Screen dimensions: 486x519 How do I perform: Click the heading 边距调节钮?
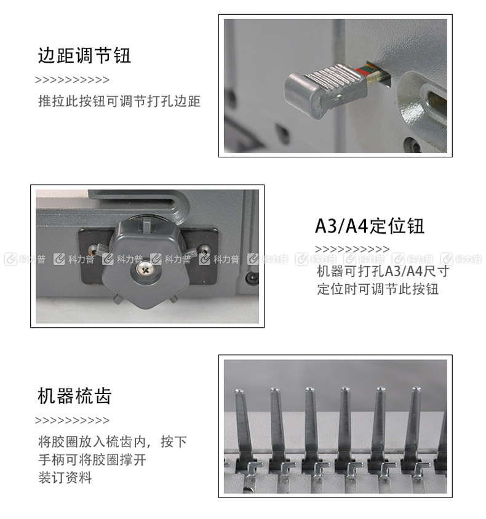(84, 55)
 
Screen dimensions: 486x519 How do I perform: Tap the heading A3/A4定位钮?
(370, 226)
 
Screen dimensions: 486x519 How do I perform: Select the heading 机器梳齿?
(74, 396)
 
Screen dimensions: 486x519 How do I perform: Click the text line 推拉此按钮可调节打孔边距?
(119, 101)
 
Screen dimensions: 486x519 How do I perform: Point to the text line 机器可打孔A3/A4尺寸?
(383, 271)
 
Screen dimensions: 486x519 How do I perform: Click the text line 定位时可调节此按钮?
(378, 289)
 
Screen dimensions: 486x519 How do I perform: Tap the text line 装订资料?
(65, 478)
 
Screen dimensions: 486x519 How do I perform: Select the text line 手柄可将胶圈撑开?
(92, 460)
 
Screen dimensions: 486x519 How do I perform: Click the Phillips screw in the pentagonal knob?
(145, 269)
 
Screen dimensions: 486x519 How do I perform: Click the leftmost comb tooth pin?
(244, 427)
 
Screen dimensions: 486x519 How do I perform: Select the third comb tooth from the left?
(311, 427)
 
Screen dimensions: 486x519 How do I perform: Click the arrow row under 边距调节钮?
(72, 80)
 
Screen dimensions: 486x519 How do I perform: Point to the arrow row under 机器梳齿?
(72, 421)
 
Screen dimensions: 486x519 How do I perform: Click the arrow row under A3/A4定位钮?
(352, 249)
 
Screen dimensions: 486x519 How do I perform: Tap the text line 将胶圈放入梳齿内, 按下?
(113, 442)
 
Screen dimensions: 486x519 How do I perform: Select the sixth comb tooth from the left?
(414, 427)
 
